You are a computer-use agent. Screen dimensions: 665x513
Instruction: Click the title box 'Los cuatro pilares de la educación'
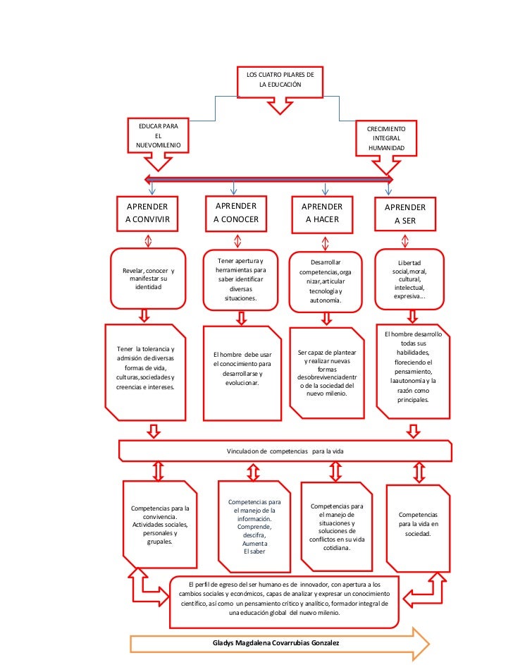(280, 80)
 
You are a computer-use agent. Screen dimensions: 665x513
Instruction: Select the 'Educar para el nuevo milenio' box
(158, 135)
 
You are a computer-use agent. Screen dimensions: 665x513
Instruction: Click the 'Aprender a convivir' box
(147, 213)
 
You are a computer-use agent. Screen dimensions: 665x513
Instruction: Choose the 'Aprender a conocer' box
(236, 212)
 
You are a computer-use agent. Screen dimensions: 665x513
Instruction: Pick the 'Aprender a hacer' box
(322, 213)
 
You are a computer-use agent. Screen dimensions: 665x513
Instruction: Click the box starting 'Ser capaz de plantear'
(327, 372)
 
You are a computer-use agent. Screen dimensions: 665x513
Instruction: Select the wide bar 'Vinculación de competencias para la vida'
(285, 450)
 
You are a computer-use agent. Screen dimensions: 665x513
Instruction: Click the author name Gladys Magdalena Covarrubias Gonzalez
(280, 643)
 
